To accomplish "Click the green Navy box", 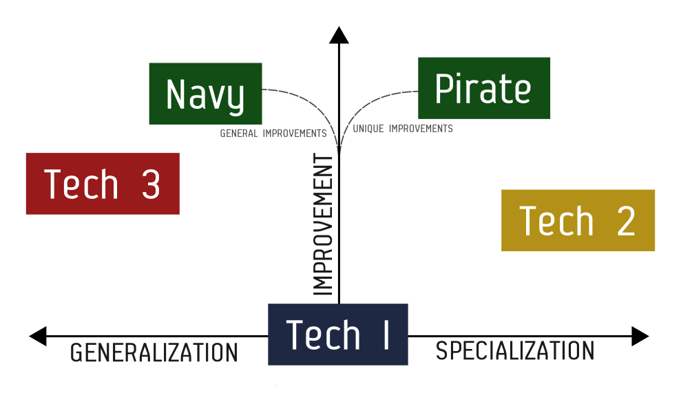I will click(x=205, y=94).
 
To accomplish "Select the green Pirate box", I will click(x=483, y=88).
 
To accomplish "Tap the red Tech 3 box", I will click(x=103, y=184).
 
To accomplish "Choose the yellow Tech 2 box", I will click(x=578, y=220).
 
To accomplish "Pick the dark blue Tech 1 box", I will click(x=337, y=335).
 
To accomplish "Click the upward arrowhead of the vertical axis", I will click(x=339, y=34).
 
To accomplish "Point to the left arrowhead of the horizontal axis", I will click(x=38, y=337).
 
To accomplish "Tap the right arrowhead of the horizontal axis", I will click(x=640, y=337).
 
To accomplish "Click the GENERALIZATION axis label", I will click(x=154, y=353).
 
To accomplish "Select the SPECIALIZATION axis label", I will click(x=515, y=351).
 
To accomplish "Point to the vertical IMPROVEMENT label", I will click(x=323, y=225).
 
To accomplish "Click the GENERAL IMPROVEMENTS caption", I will click(x=273, y=134).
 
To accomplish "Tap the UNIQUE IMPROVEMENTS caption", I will click(x=403, y=129).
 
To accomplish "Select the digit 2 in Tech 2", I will click(x=626, y=221).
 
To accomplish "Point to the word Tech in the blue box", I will click(x=323, y=335).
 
